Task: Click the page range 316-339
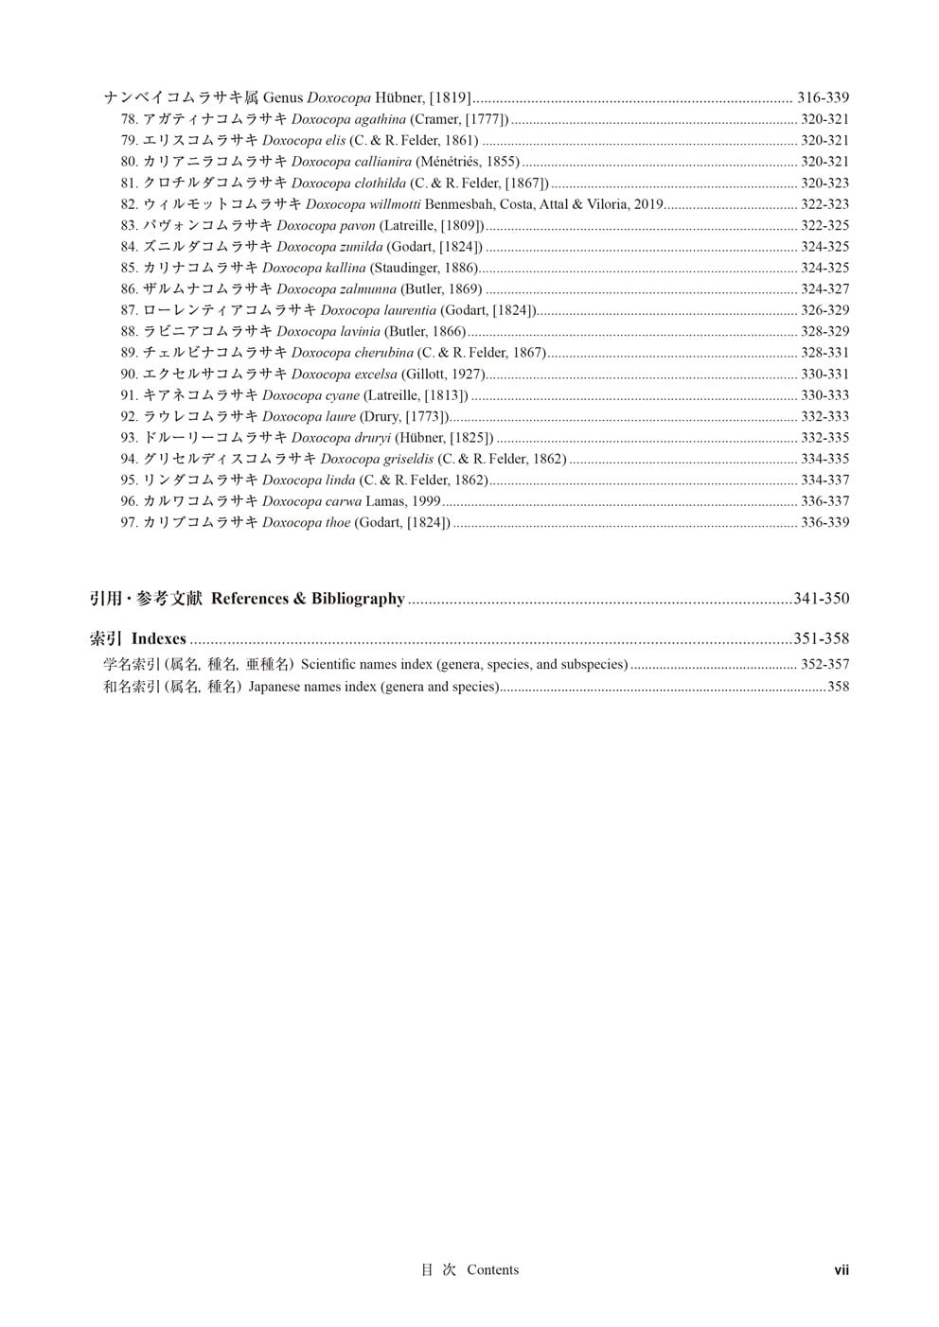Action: click(x=823, y=97)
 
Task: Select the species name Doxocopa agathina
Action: click(x=348, y=119)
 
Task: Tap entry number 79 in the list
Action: click(x=130, y=141)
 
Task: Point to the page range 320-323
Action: click(x=824, y=183)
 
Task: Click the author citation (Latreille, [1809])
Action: click(x=432, y=225)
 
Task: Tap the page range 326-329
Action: click(x=824, y=310)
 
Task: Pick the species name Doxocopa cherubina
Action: click(x=352, y=353)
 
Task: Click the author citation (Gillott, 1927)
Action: click(x=443, y=374)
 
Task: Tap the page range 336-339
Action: click(x=824, y=522)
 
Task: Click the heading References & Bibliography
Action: click(x=308, y=599)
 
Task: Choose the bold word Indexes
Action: click(x=158, y=639)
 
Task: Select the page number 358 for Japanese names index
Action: click(x=838, y=687)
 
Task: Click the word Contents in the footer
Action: click(x=492, y=1270)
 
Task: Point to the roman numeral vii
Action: click(x=841, y=1270)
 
